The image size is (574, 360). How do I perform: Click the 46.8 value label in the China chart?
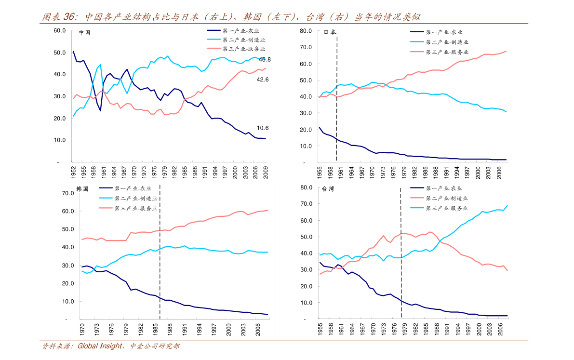(x=265, y=59)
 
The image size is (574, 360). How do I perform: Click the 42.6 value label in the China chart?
(x=263, y=80)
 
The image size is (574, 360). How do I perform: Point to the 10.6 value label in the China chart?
(x=263, y=128)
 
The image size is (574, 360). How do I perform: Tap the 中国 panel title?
(x=84, y=33)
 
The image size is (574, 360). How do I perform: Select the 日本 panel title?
(x=330, y=32)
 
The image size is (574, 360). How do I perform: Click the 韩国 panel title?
(x=82, y=189)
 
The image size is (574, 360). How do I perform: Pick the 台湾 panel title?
(x=328, y=189)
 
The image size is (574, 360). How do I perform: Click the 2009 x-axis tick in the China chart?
(x=265, y=172)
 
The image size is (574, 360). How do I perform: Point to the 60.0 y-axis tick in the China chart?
(x=60, y=30)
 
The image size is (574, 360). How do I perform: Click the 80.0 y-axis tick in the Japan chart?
(x=306, y=31)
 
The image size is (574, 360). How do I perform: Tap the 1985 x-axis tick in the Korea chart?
(x=157, y=329)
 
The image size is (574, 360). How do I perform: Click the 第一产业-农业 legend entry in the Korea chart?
(x=133, y=188)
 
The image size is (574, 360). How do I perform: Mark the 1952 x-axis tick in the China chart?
(x=73, y=172)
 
